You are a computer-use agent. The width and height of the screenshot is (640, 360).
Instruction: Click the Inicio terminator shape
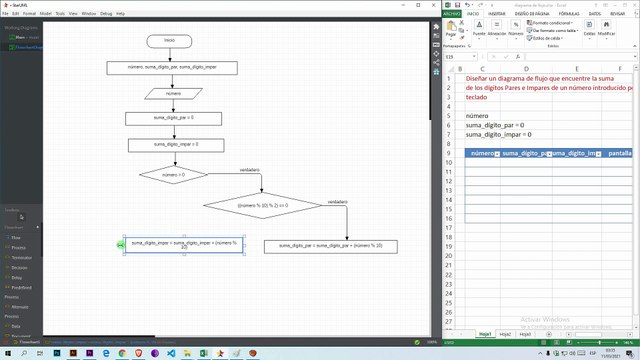coord(169,40)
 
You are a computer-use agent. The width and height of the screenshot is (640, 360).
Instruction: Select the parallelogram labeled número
coord(173,93)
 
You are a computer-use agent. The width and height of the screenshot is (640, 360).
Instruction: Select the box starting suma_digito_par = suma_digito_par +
coord(330,246)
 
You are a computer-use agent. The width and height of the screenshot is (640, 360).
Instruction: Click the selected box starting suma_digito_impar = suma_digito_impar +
coord(183,244)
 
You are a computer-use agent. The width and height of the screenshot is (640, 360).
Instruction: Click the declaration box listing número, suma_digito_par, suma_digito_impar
coord(172,68)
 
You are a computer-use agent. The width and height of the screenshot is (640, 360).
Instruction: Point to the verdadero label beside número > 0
coord(249,170)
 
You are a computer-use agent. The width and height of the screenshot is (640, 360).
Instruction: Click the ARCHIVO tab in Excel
coord(452,14)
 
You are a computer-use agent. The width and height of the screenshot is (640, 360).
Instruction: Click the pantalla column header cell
coord(618,153)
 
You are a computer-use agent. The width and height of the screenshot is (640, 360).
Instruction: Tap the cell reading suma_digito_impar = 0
coord(499,133)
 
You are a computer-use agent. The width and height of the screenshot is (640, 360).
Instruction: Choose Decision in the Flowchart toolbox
coord(17,268)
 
